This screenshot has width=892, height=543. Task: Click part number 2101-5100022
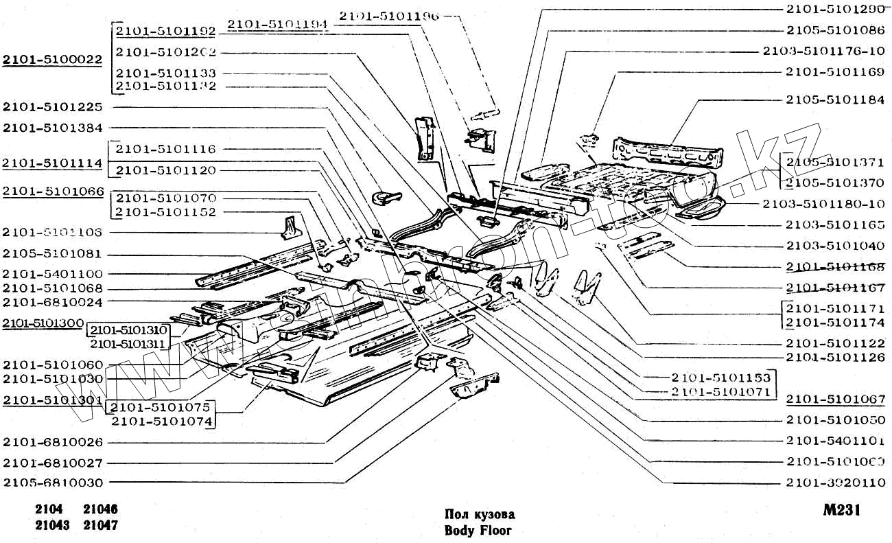[53, 60]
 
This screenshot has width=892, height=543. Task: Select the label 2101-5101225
[53, 107]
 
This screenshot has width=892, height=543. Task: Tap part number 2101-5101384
[53, 128]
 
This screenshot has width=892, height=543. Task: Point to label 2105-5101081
[53, 253]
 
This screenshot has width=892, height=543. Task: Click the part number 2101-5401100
[53, 274]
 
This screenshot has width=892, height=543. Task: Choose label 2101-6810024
[53, 301]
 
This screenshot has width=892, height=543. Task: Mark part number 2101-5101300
[43, 323]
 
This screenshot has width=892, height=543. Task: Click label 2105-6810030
[53, 483]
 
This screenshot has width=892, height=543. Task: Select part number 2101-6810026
[53, 442]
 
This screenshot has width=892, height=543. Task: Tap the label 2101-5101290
[835, 10]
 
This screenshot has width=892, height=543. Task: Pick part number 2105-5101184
[835, 100]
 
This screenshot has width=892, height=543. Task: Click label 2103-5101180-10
[823, 204]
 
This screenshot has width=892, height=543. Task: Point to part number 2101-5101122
[835, 343]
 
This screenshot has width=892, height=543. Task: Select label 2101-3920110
[835, 483]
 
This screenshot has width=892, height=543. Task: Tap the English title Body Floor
[478, 530]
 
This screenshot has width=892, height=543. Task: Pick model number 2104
[49, 510]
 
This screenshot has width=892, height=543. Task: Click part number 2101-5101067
[835, 400]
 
